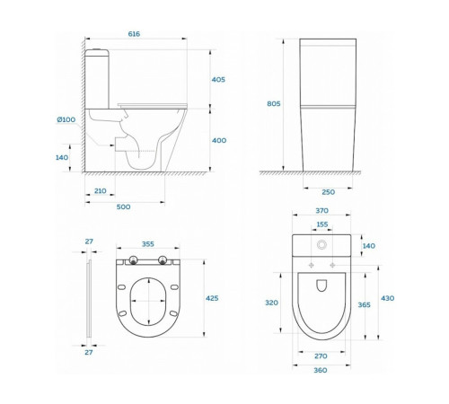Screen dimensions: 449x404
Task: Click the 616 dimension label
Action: (134, 34)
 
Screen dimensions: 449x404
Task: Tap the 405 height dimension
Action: (218, 80)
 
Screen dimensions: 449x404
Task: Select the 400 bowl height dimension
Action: (219, 140)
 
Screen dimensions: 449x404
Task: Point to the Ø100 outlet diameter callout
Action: (66, 119)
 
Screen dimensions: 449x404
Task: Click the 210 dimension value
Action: (101, 191)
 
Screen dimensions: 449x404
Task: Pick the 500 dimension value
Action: (123, 206)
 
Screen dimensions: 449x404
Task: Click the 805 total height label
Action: (274, 103)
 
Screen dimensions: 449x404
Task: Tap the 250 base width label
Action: (329, 192)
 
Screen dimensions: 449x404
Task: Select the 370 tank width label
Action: (322, 211)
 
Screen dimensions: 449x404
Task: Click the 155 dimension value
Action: (322, 224)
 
